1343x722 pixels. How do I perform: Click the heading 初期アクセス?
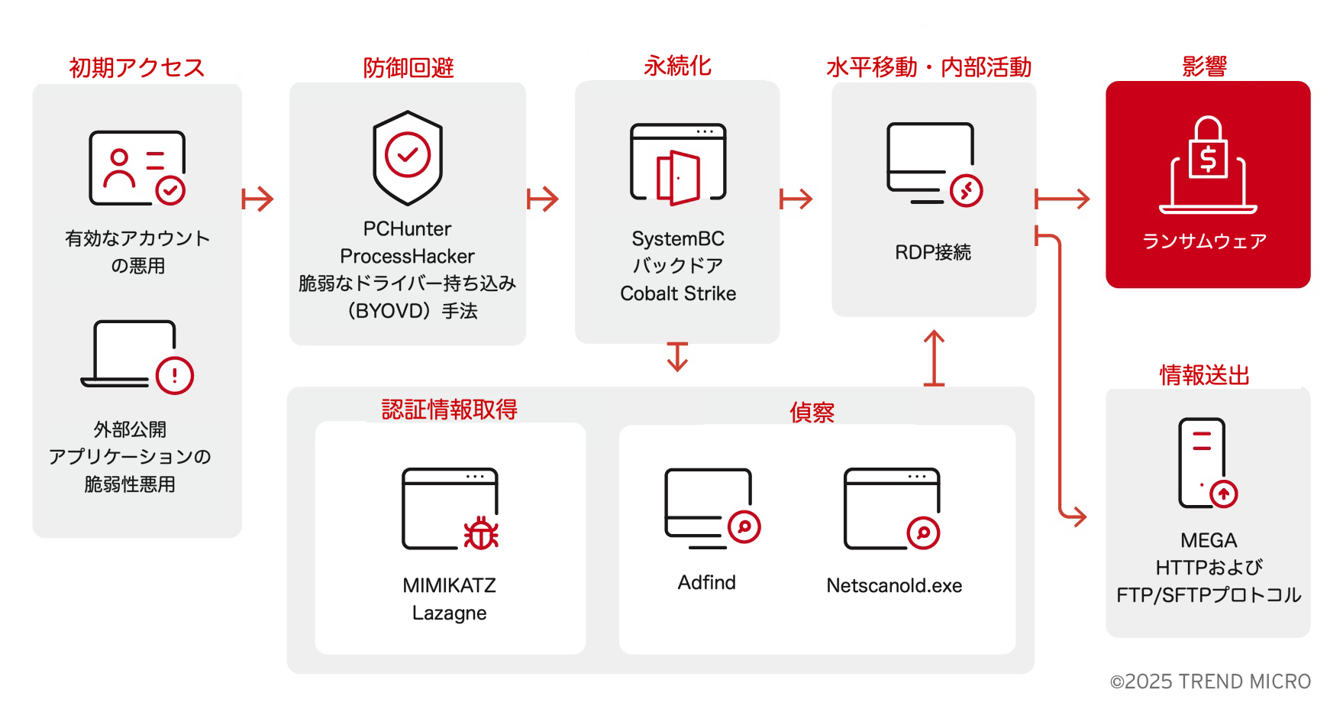(137, 67)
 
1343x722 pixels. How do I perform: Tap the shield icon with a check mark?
(408, 157)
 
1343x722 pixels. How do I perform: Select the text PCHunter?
(407, 228)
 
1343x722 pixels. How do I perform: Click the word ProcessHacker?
(407, 256)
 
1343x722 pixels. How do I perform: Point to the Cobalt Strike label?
(678, 293)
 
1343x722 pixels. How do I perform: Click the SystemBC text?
(678, 238)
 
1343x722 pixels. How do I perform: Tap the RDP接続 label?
(933, 252)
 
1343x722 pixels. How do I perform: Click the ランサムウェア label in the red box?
(1204, 241)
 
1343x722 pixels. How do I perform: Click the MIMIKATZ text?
(449, 585)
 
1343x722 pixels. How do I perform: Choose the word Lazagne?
(449, 613)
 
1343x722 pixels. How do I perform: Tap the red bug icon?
(481, 533)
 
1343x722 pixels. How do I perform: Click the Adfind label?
(707, 582)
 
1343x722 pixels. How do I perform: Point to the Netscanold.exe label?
(894, 585)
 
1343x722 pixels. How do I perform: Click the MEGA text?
(1209, 540)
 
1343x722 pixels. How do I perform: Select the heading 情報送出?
(1204, 375)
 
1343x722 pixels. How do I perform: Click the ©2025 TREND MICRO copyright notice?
(1210, 682)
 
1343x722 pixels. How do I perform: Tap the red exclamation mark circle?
(175, 375)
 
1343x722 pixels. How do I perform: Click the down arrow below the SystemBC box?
(677, 357)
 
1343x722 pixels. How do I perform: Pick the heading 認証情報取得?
(449, 410)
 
